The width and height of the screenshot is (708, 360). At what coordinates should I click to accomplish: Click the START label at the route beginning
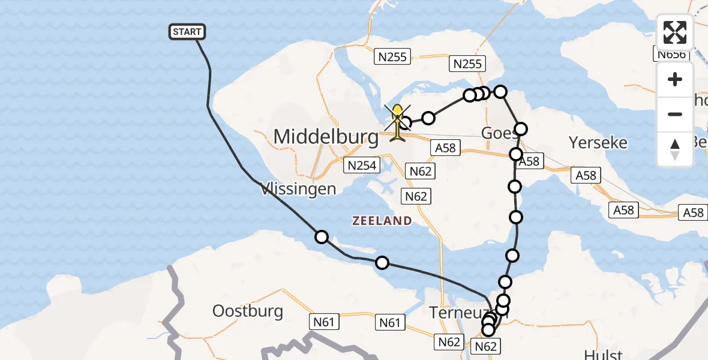pos(187,32)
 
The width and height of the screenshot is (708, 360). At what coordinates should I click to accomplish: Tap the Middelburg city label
pos(326,137)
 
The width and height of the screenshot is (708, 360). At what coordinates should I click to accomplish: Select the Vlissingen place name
pos(298,189)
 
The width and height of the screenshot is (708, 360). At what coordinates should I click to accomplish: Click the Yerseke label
pos(598,143)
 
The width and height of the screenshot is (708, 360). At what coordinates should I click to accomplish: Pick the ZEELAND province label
pos(382,221)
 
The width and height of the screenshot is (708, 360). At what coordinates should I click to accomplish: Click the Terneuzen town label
pos(462,312)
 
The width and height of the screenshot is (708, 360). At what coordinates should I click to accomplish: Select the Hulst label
pos(602,354)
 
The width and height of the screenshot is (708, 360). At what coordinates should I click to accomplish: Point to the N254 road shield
pos(359,164)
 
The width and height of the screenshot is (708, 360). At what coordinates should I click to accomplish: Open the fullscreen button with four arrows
pos(675,32)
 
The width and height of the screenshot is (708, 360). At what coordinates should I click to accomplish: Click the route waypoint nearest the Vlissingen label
pos(322,237)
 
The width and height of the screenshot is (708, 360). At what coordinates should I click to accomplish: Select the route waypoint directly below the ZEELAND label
pos(382,262)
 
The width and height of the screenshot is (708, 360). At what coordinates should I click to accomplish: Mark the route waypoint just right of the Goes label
pos(521,129)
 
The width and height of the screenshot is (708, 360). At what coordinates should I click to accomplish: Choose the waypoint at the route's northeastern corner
pos(500,91)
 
